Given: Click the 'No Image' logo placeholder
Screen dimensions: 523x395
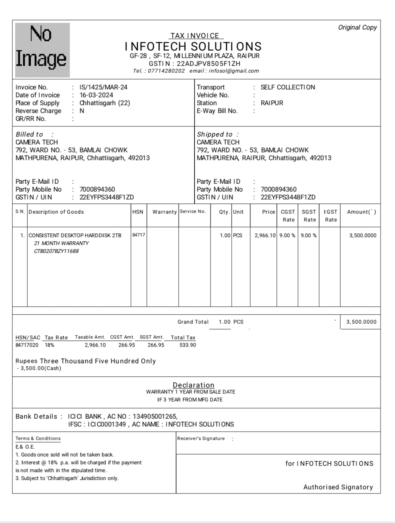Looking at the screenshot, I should click(42, 50).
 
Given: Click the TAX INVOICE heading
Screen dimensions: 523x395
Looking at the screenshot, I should click(195, 36).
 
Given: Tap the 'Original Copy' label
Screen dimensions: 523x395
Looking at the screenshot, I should click(357, 27).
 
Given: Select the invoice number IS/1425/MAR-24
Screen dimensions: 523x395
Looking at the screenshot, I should click(103, 87).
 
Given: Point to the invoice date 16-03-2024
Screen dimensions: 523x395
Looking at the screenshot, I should click(96, 95).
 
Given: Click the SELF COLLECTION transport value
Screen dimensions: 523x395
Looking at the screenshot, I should click(288, 87).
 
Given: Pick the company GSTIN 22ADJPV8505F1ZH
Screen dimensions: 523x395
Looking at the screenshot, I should click(208, 64).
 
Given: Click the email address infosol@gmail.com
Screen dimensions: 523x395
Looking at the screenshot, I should click(234, 71).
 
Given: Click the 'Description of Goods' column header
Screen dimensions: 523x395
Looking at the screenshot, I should click(56, 212).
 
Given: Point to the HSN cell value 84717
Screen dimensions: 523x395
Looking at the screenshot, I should click(139, 235).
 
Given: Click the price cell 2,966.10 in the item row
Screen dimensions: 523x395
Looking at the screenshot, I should click(265, 235).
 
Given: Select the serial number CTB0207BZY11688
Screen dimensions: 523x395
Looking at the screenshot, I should click(56, 251).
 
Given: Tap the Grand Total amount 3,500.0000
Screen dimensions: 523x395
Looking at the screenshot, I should click(361, 322).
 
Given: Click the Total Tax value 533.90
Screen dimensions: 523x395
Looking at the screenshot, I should click(188, 345).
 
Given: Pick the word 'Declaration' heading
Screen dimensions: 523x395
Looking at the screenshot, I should click(193, 385).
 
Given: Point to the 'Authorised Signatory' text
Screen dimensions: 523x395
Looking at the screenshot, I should click(338, 487).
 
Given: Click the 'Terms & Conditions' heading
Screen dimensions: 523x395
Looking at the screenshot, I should click(38, 438).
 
